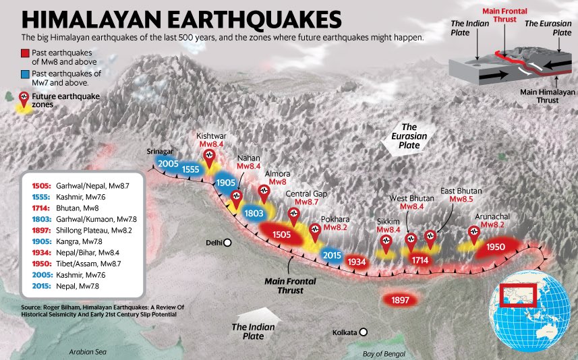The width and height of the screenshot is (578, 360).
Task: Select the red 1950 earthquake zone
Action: tap(496, 247)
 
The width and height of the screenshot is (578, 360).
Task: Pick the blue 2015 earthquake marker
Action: tap(331, 256)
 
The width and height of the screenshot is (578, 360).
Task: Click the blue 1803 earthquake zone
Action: tap(254, 214)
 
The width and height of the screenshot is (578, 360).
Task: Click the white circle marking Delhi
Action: tap(228, 243)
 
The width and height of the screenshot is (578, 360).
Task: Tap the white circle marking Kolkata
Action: tap(364, 332)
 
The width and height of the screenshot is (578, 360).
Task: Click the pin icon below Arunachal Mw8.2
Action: tap(473, 233)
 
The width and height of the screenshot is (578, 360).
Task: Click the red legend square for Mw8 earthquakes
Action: tap(26, 52)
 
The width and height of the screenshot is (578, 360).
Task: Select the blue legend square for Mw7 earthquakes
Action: tap(26, 73)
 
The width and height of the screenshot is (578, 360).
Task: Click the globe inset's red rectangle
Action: tap(518, 295)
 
